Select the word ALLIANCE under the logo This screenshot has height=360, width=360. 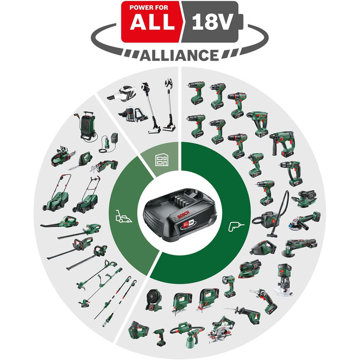point(180,55)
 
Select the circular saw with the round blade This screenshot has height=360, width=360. point(222,332)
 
